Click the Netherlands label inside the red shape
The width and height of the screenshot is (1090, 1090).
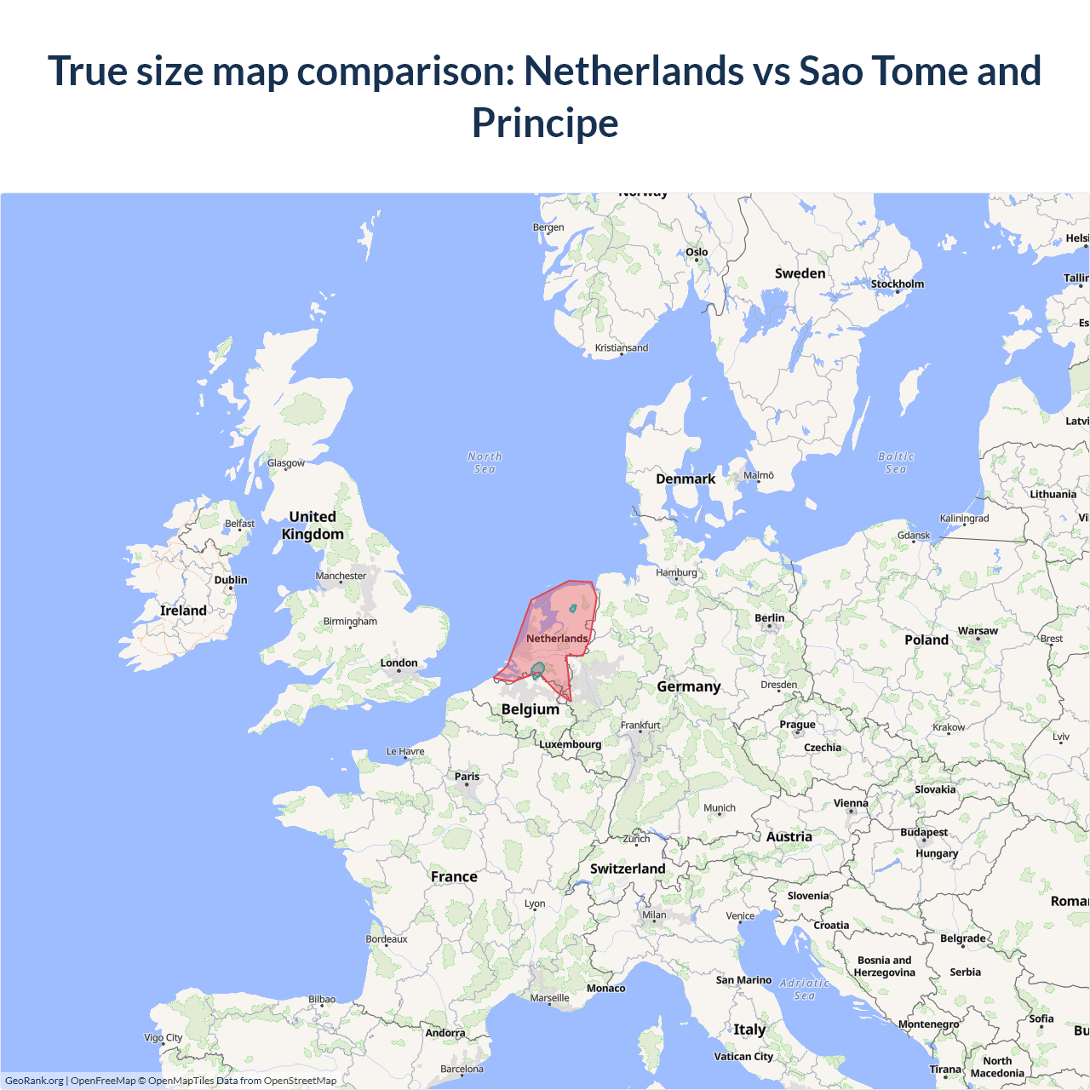point(557,639)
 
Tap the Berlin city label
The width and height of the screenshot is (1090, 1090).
point(769,618)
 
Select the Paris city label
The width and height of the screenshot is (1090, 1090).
point(467,777)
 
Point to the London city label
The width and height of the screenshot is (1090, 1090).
point(399,663)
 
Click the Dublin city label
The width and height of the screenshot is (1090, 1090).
point(231,580)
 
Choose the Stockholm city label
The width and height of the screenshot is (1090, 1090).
point(897,284)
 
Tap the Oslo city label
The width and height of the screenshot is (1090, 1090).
point(697,252)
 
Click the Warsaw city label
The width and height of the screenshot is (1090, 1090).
point(978,631)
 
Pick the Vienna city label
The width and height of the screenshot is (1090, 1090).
point(851,803)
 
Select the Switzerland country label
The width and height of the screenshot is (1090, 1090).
point(628,869)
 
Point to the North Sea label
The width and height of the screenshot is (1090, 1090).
point(485,462)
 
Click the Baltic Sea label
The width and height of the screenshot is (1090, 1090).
point(896,462)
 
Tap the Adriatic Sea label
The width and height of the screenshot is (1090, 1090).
point(805,989)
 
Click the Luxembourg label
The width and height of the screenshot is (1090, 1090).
point(570,744)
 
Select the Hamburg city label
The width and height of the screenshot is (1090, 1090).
point(676,573)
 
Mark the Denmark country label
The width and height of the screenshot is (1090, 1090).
point(686,479)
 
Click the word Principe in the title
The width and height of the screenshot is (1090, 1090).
point(545,123)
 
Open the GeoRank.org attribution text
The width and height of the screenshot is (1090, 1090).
point(34,1081)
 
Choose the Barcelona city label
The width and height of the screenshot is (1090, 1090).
point(462,1069)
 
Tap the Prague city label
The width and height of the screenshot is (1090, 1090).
point(797,725)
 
